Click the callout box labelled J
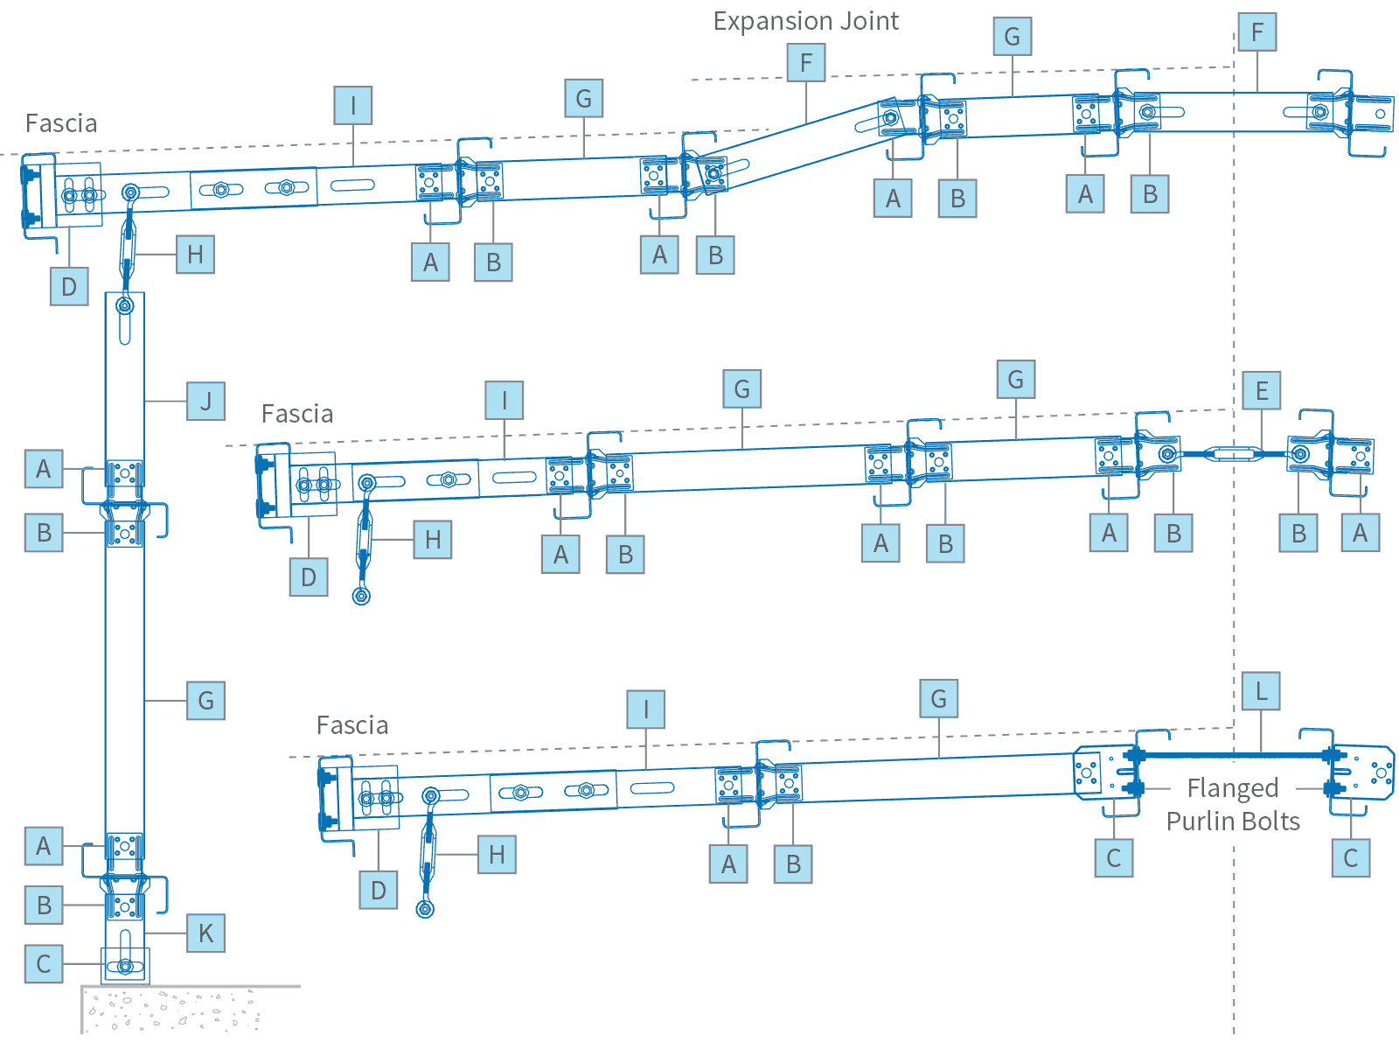[205, 402]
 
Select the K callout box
[205, 933]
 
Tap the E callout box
[1261, 390]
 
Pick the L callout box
[1260, 691]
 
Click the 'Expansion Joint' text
[805, 21]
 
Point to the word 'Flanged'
[1232, 788]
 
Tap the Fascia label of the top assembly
[61, 123]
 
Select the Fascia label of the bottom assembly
[352, 725]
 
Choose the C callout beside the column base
[44, 964]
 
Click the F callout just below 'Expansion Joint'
[805, 63]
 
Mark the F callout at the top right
[1256, 32]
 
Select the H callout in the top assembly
[195, 255]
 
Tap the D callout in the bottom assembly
[378, 891]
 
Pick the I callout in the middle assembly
[505, 401]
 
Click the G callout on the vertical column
[205, 701]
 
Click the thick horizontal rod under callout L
[1233, 754]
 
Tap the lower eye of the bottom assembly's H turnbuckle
[425, 909]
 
